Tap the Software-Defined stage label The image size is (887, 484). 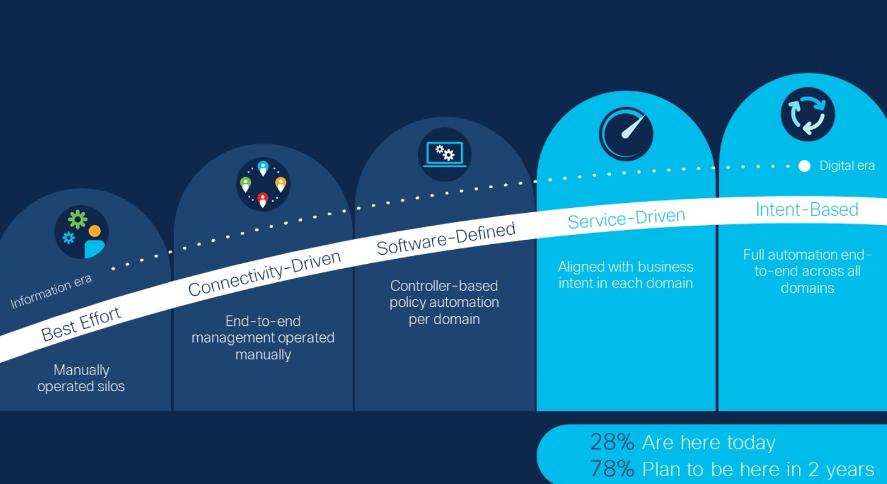[446, 239]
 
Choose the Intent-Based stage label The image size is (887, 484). [806, 210]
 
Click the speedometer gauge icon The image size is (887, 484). [626, 133]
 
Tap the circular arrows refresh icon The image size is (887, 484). [807, 114]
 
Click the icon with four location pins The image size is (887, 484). [263, 184]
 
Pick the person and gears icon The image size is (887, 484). [82, 232]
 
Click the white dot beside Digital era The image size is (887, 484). [804, 166]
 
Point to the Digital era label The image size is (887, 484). [846, 166]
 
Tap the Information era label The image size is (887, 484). [51, 291]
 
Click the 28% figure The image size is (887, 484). [612, 442]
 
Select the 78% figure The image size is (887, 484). [612, 469]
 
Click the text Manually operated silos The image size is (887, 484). [81, 378]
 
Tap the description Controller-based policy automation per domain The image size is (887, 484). [444, 303]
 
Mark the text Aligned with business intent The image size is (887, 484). [626, 275]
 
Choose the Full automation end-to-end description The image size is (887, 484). [807, 271]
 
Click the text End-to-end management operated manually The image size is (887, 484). [263, 338]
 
